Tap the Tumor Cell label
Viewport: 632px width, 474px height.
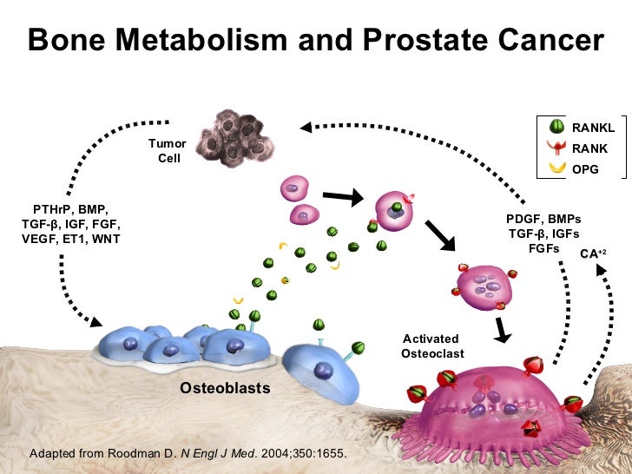[x=168, y=151]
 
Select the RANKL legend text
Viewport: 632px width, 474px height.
[x=593, y=128]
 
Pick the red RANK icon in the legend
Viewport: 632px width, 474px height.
[x=557, y=148]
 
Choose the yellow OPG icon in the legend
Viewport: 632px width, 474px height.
[x=557, y=168]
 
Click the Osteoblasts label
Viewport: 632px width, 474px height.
[x=225, y=388]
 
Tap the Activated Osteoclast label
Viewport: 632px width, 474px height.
[x=432, y=346]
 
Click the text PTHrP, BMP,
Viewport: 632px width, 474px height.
[x=70, y=209]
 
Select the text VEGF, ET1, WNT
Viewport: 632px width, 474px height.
[x=70, y=239]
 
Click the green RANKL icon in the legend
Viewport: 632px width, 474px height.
[x=557, y=128]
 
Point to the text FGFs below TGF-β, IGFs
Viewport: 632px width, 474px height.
[x=544, y=248]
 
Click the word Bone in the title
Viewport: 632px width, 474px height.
[x=67, y=42]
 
